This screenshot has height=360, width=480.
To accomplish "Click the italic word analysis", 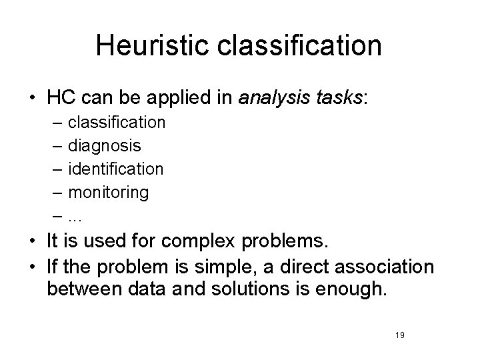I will [271, 98].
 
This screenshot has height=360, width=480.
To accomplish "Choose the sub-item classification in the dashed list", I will [117, 123].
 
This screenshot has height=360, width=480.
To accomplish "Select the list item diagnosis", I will [105, 146].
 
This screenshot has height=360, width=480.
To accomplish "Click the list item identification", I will [116, 169].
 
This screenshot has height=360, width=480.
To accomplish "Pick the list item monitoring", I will [109, 193].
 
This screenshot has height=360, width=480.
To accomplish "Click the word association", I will [387, 267].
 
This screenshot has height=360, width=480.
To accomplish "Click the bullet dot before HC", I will [32, 98].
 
